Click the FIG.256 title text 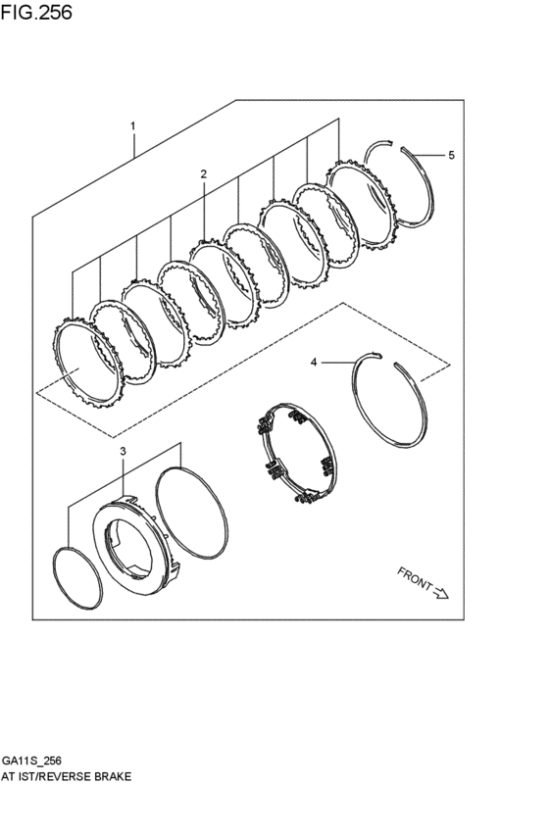click(37, 13)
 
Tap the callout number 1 click(132, 126)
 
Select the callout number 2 click(203, 173)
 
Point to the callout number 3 click(123, 452)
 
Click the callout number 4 click(314, 363)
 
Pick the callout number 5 click(450, 155)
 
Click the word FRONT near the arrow click(415, 578)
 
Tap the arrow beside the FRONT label click(440, 591)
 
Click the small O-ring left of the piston click(75, 578)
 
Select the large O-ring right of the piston click(192, 510)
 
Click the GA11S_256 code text click(31, 760)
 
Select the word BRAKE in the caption click(112, 775)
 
